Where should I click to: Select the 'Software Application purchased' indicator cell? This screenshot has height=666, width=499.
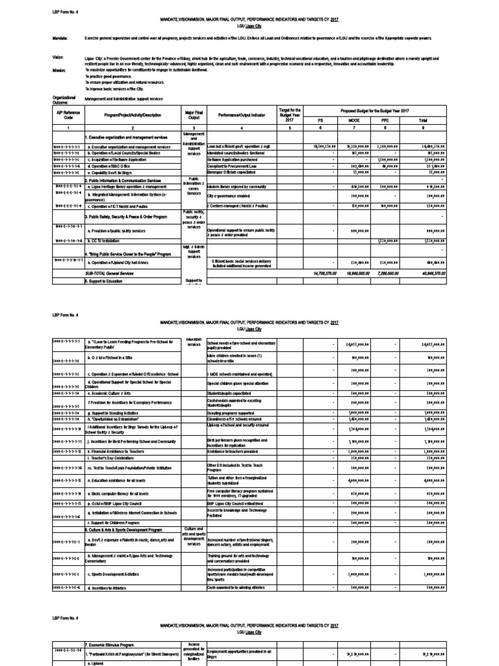click(x=234, y=159)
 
